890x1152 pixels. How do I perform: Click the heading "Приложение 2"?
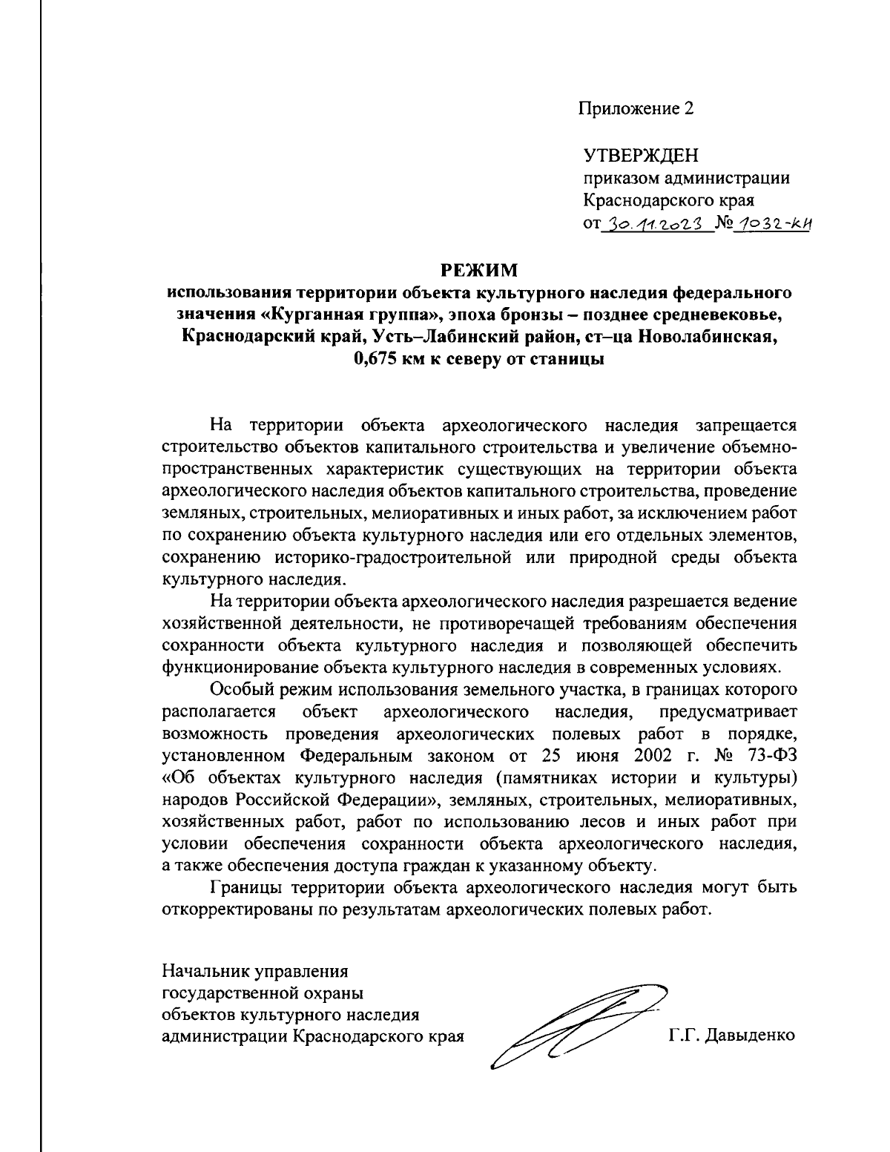(637, 109)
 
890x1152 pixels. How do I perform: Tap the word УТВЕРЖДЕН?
(641, 156)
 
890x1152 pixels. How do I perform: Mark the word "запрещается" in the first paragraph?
(745, 425)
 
